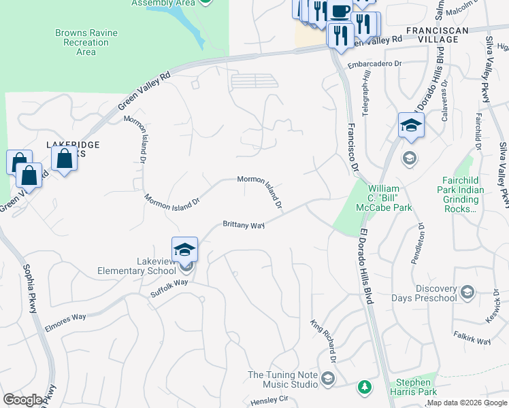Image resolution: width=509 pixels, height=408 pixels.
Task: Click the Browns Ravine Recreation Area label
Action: pyautogui.click(x=86, y=42)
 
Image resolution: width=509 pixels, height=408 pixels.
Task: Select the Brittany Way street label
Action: pyautogui.click(x=244, y=224)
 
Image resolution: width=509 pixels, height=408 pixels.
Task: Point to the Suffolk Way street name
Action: pyautogui.click(x=169, y=288)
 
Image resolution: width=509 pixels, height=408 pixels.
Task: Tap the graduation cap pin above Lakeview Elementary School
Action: pyautogui.click(x=185, y=250)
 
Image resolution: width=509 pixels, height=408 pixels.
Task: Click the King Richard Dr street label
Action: pyautogui.click(x=325, y=341)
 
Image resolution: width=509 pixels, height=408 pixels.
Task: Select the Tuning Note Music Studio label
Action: pyautogui.click(x=283, y=379)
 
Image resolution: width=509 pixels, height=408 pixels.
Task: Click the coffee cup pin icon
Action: pyautogui.click(x=340, y=12)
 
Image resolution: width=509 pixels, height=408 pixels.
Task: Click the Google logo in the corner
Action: pyautogui.click(x=22, y=399)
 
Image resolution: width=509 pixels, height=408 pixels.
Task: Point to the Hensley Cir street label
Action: pyautogui.click(x=270, y=400)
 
